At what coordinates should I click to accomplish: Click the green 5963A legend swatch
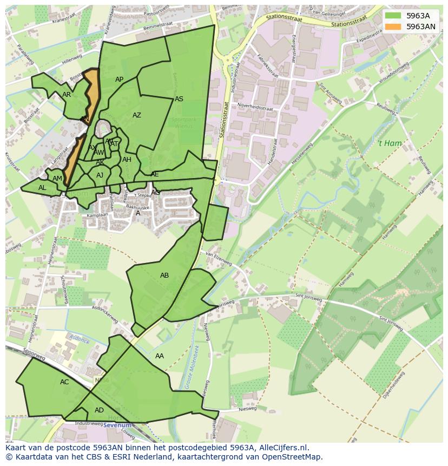click(x=393, y=16)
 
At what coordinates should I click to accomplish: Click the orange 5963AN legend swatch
click(x=393, y=26)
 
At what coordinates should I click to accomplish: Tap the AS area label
click(x=179, y=99)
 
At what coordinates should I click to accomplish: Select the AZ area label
click(x=137, y=115)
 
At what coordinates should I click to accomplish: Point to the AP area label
click(x=120, y=80)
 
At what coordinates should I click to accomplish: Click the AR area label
click(x=67, y=95)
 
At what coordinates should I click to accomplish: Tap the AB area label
click(x=164, y=275)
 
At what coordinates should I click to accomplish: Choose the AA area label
click(x=160, y=356)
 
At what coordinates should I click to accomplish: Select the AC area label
click(x=64, y=382)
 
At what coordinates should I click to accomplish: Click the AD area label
click(x=99, y=410)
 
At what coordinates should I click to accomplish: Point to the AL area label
click(x=42, y=188)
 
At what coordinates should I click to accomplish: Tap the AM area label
click(x=57, y=179)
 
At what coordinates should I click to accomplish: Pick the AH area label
click(x=127, y=160)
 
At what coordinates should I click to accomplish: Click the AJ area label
click(x=100, y=175)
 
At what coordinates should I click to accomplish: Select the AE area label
click(x=155, y=174)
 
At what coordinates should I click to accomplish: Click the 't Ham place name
click(x=390, y=143)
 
